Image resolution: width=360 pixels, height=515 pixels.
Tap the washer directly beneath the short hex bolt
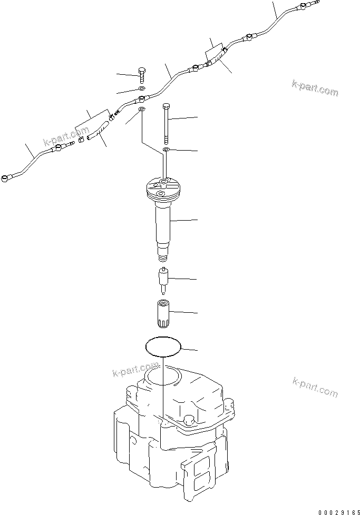(x=141, y=88)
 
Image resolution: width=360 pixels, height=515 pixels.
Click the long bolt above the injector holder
(x=167, y=121)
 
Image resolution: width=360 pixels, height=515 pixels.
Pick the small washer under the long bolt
(x=167, y=150)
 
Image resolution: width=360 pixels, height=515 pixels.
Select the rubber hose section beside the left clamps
(x=100, y=131)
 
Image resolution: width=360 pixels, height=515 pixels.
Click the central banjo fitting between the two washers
(x=141, y=99)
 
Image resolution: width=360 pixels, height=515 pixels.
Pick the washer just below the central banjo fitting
(x=141, y=110)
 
